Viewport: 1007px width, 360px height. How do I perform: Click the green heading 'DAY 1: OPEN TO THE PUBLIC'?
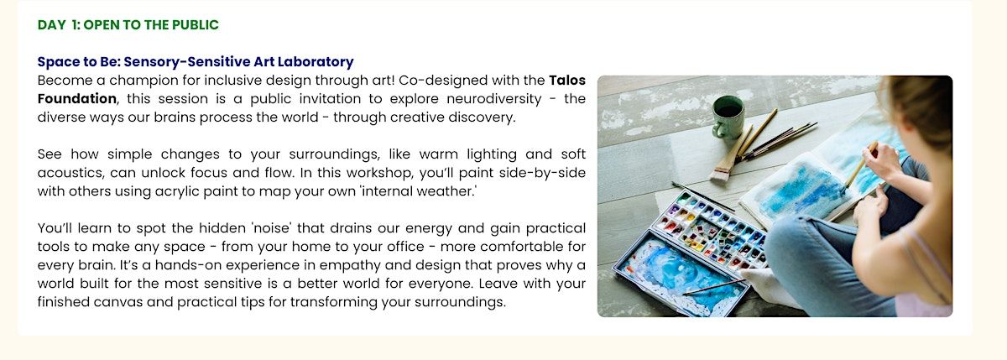coord(128,24)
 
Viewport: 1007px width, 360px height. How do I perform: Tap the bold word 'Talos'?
coord(567,81)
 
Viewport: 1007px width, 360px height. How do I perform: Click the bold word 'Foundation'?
coord(77,99)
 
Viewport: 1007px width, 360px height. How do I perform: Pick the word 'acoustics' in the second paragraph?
coord(70,173)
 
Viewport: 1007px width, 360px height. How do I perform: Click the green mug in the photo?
coord(727,117)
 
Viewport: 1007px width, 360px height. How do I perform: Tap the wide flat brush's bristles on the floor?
coord(721,173)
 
